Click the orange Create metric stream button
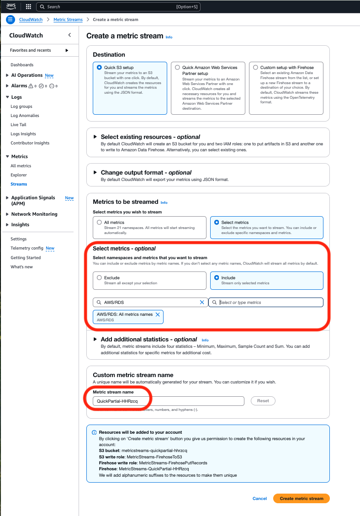pos(301,499)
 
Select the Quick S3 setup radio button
pos(99,67)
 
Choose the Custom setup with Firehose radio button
pos(255,67)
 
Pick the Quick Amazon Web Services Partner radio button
pos(177,67)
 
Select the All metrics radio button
pos(99,223)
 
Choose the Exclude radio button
pos(99,277)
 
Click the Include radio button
pos(217,277)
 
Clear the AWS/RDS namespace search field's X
pos(202,303)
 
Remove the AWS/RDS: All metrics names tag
pos(158,314)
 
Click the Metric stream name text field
pos(168,401)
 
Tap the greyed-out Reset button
pos(263,401)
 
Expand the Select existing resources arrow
pos(95,137)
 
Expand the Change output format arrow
pos(95,172)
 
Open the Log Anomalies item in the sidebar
pos(25,116)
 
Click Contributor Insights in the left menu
pos(30,143)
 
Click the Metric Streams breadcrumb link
pos(68,20)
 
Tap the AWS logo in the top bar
pos(11,7)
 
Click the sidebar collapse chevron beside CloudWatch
pos(69,35)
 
